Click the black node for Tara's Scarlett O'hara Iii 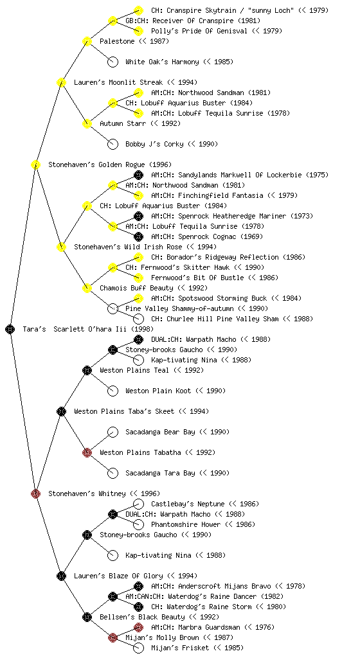point(10,329)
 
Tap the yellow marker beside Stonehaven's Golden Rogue point(35,164)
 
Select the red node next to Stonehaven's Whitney point(35,493)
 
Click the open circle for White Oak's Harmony point(113,62)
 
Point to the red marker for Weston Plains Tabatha point(87,452)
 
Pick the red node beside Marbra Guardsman point(138,627)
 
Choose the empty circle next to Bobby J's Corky point(113,144)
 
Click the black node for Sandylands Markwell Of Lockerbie point(138,175)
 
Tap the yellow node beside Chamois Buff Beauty point(87,288)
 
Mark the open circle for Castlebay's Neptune point(138,504)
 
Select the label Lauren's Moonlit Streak point(118,82)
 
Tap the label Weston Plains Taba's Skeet point(124,411)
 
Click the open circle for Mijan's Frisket point(138,648)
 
